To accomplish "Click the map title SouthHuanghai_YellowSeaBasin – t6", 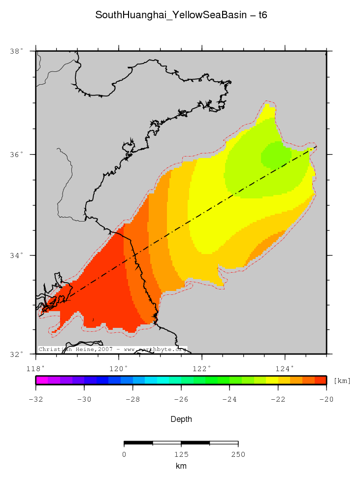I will pyautogui.click(x=181, y=15).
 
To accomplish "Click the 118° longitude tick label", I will pyautogui.click(x=36, y=368).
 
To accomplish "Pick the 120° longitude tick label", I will pyautogui.click(x=119, y=368).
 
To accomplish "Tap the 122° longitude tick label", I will pyautogui.click(x=202, y=368).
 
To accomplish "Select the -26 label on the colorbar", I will pyautogui.click(x=181, y=399).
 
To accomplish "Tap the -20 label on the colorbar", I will pyautogui.click(x=326, y=399).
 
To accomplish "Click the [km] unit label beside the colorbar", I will pyautogui.click(x=342, y=381).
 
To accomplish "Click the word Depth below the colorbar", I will pyautogui.click(x=181, y=419).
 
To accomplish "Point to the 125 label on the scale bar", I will pyautogui.click(x=181, y=454).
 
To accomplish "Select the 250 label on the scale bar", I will pyautogui.click(x=238, y=454).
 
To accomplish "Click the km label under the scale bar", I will pyautogui.click(x=181, y=466).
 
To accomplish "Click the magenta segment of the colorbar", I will pyautogui.click(x=41, y=380).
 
